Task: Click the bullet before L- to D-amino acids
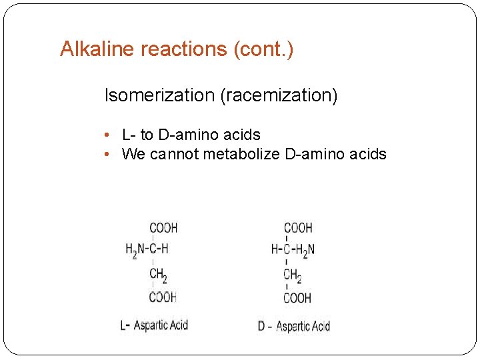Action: point(108,135)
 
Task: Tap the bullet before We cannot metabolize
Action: point(108,155)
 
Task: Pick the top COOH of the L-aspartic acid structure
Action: point(163,228)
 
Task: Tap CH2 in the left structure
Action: point(159,275)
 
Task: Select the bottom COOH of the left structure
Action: point(163,297)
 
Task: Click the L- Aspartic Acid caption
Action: point(154,325)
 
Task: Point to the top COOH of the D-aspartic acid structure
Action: point(298,228)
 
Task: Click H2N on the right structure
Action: point(306,250)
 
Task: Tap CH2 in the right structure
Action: point(293,275)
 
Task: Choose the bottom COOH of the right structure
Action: point(297,298)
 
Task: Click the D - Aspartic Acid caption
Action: point(294,326)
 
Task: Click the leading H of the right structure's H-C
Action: point(275,250)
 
